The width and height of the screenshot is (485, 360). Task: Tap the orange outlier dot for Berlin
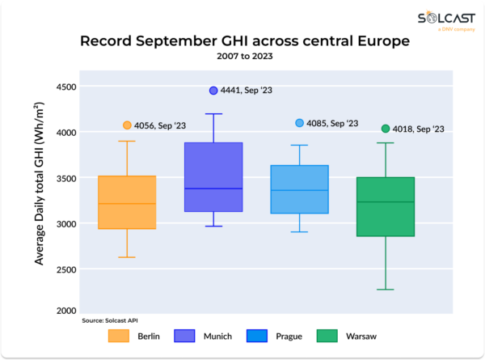[x=127, y=125]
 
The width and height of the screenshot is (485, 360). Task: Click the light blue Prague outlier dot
[x=299, y=123]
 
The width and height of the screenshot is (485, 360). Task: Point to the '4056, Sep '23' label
[x=159, y=125]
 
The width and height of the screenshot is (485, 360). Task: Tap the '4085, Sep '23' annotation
[x=331, y=123]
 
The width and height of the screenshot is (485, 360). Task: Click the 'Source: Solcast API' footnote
[x=109, y=321]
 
